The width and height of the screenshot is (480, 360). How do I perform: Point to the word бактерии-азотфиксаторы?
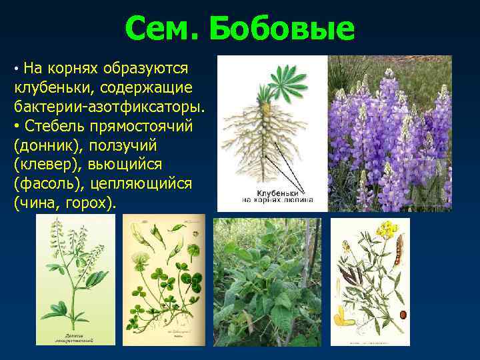(108, 107)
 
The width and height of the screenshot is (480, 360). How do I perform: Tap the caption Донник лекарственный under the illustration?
(74, 337)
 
